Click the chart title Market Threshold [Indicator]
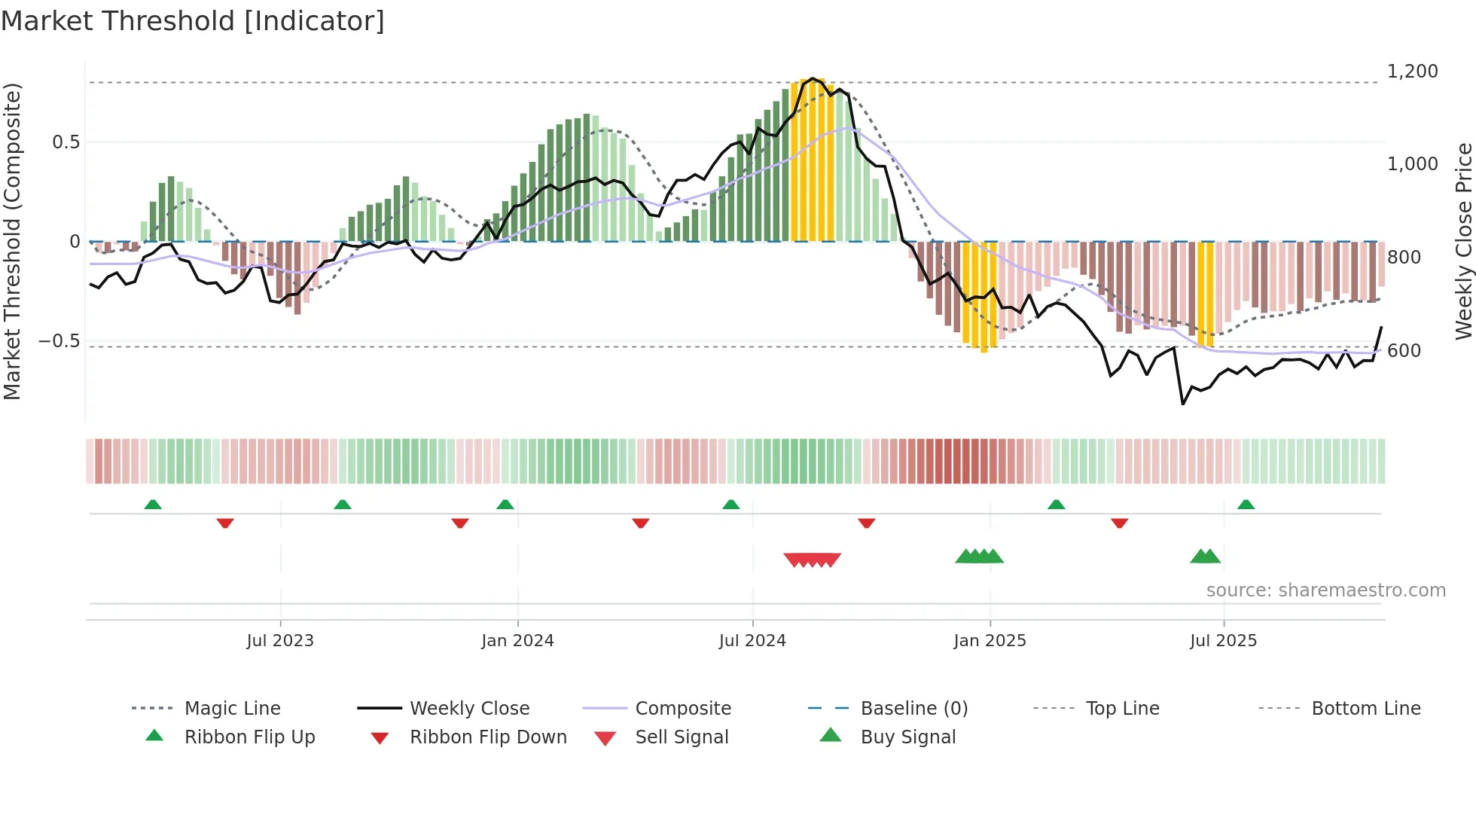click(x=193, y=21)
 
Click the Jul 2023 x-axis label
click(x=280, y=641)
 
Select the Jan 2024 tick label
click(x=517, y=641)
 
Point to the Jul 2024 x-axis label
click(x=752, y=641)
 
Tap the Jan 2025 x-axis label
click(x=990, y=641)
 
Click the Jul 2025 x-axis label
click(x=1224, y=641)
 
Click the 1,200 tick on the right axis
click(x=1413, y=72)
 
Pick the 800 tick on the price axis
click(x=1404, y=258)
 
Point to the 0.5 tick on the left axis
click(x=66, y=142)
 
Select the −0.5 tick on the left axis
click(x=59, y=341)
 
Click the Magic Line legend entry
click(x=232, y=709)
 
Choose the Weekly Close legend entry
click(x=469, y=709)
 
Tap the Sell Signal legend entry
click(x=682, y=737)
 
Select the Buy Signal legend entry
click(x=908, y=737)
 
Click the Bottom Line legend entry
click(x=1366, y=709)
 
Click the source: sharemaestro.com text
click(x=1326, y=590)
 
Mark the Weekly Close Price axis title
click(x=1463, y=241)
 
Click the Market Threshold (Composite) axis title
click(x=12, y=241)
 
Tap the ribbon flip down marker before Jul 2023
click(x=225, y=523)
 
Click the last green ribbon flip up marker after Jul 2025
click(x=1246, y=505)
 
